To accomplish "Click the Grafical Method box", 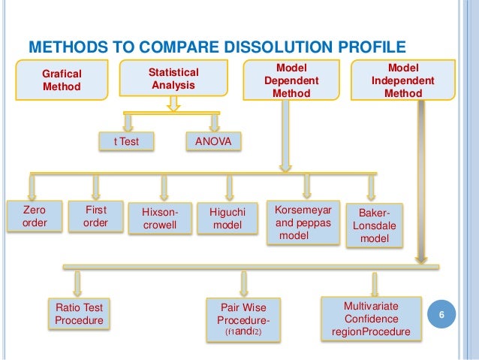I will (x=62, y=80).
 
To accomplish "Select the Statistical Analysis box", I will (x=173, y=78).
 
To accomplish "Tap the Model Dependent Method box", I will (x=293, y=79).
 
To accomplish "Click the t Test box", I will (x=126, y=140).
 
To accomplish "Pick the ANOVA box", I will (x=213, y=140).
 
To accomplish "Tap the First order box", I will (x=95, y=216).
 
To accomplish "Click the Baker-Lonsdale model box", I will (x=375, y=225).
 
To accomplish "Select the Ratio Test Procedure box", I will (x=79, y=314).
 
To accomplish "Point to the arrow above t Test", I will (x=128, y=122).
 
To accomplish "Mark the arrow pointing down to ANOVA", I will (x=215, y=122).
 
